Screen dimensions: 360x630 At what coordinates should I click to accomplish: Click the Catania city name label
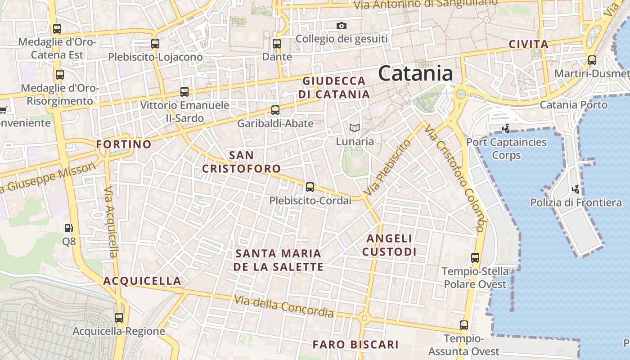(x=415, y=73)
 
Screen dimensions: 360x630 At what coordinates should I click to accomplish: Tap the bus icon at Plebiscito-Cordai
(x=310, y=187)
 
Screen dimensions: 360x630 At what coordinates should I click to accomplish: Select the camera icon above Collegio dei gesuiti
(x=342, y=26)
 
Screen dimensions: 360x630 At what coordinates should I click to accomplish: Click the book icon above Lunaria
(x=355, y=128)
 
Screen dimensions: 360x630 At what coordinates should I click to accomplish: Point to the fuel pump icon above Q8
(x=68, y=228)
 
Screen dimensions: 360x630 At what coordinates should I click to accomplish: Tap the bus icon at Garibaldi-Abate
(x=275, y=110)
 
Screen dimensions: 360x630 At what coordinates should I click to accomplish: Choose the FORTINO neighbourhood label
(x=124, y=144)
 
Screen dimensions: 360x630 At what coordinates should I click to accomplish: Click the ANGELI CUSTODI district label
(x=389, y=245)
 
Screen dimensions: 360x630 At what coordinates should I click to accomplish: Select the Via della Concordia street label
(x=283, y=306)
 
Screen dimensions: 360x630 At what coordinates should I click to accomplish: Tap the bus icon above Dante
(x=277, y=44)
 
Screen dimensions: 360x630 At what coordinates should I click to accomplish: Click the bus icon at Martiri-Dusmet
(x=592, y=60)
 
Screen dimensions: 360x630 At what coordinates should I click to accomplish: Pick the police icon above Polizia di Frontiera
(x=575, y=189)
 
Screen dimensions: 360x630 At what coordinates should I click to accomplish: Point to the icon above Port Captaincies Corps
(x=506, y=129)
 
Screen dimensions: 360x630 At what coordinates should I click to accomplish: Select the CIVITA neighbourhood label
(x=528, y=45)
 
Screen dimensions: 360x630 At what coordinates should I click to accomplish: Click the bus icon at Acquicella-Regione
(x=119, y=318)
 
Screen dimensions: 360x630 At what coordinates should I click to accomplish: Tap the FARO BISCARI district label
(x=355, y=345)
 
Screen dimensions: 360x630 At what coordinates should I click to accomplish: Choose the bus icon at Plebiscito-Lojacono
(x=155, y=44)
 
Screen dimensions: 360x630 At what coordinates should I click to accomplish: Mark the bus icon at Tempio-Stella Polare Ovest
(x=475, y=258)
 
